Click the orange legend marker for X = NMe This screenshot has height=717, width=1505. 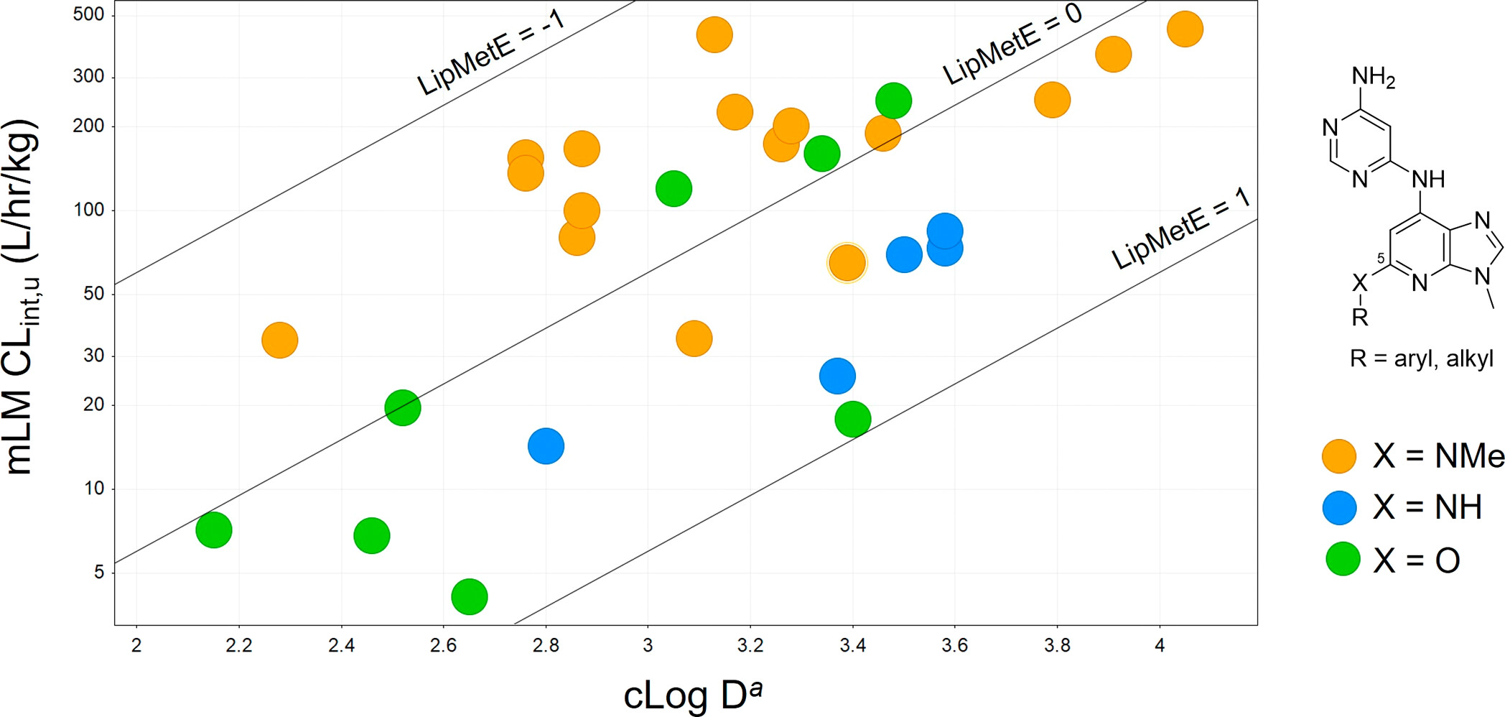tap(1339, 455)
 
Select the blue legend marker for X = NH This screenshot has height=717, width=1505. tap(1339, 508)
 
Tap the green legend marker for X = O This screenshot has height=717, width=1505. tap(1342, 559)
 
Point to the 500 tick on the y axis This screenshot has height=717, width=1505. tap(88, 14)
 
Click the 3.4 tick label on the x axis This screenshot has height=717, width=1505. tap(852, 645)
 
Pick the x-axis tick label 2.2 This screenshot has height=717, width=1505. tap(238, 645)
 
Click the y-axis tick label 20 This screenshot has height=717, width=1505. tap(93, 404)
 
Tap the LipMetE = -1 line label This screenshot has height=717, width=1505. tap(491, 52)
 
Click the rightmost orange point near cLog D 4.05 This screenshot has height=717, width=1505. tap(1185, 29)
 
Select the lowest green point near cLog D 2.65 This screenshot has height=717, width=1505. tap(470, 596)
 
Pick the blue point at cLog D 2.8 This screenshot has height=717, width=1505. tap(546, 446)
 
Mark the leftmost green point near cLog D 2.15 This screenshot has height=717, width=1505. tap(214, 530)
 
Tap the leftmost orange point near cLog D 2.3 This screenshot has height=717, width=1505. tap(279, 340)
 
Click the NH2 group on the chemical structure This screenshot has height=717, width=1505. tap(1373, 77)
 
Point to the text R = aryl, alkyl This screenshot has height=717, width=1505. tap(1421, 358)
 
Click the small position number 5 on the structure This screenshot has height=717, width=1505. tap(1381, 259)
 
